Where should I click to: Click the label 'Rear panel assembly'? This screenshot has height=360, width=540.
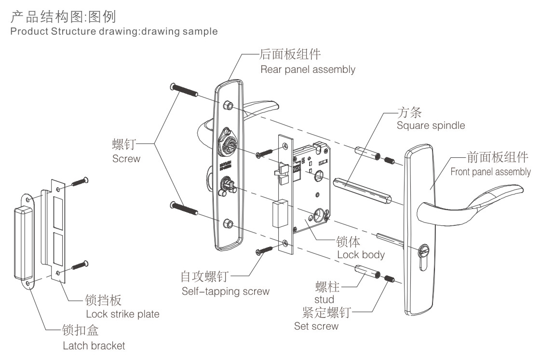[x=308, y=69]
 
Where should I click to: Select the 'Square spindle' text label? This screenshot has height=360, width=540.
[x=431, y=125]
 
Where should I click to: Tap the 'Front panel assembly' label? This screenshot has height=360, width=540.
[x=490, y=171]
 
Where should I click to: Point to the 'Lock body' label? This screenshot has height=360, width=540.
[x=361, y=254]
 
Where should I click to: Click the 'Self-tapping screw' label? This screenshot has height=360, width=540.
[x=225, y=291]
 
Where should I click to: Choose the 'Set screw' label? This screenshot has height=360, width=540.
[x=316, y=326]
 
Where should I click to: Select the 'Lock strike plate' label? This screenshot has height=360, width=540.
[x=122, y=314]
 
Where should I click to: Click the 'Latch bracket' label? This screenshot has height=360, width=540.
[x=94, y=346]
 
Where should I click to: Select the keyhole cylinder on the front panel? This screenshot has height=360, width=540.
[x=424, y=251]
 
